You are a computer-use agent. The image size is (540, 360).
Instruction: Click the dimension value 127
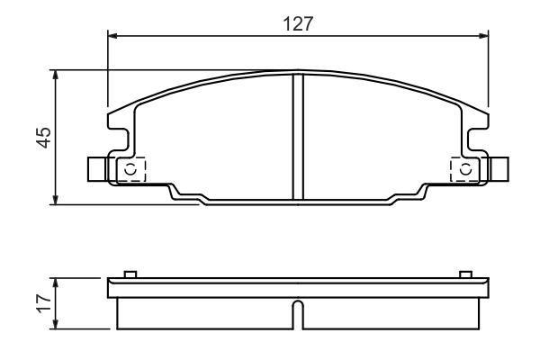[x=297, y=24]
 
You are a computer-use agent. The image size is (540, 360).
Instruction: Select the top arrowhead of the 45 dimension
[x=58, y=76]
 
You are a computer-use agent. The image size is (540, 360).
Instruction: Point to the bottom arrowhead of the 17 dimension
[x=58, y=325]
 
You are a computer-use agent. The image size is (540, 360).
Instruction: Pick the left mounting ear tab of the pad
[x=97, y=168]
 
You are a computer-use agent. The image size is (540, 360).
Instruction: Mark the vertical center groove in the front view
[x=298, y=135]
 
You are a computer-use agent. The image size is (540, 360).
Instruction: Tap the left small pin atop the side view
[x=130, y=274]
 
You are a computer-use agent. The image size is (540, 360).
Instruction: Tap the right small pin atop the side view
[x=465, y=274]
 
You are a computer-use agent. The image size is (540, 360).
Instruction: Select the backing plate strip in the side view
[x=298, y=288]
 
